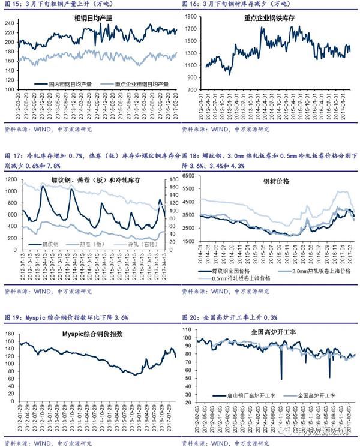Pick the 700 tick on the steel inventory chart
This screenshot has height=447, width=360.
pos(193,89)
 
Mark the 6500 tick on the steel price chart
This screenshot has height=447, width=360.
pos(190,176)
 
